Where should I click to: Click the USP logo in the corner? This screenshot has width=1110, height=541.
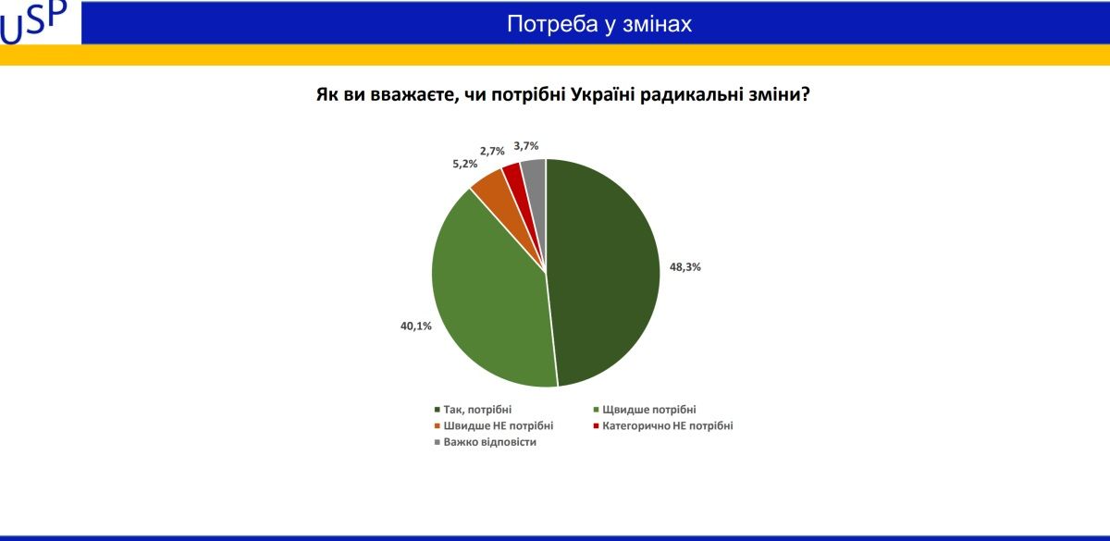[35, 22]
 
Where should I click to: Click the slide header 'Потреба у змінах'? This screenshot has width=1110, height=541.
[598, 25]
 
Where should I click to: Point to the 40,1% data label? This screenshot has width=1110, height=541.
[416, 326]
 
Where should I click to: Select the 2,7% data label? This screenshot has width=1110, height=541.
[492, 150]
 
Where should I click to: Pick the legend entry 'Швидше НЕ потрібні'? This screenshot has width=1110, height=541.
[498, 425]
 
